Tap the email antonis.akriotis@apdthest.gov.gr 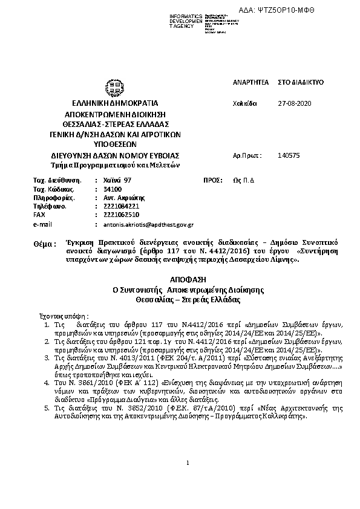148,224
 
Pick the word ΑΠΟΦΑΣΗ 179,280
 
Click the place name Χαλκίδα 245,103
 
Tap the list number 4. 48,383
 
